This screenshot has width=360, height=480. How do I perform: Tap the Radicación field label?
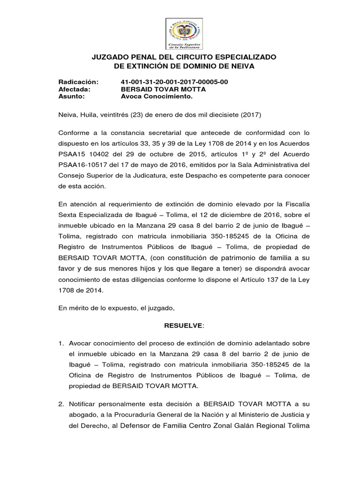[79, 82]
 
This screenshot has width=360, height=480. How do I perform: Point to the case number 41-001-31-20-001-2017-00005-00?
[174, 82]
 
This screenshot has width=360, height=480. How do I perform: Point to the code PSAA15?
[70, 155]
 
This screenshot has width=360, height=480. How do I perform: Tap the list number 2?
[61, 404]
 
